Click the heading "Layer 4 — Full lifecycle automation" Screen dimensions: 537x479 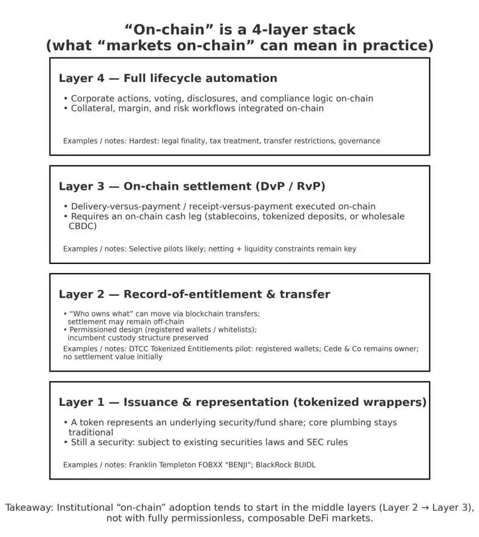coord(167,79)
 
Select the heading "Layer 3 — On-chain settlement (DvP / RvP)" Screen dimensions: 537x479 coord(192,186)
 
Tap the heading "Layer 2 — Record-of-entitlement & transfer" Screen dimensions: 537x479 coord(194,295)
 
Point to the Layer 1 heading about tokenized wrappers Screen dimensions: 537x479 coord(242,402)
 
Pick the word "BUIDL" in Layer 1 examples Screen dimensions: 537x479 coord(302,465)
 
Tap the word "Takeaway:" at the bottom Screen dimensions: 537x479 coord(29,508)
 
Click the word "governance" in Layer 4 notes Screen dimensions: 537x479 coord(359,141)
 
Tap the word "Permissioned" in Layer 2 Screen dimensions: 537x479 coord(93,329)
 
